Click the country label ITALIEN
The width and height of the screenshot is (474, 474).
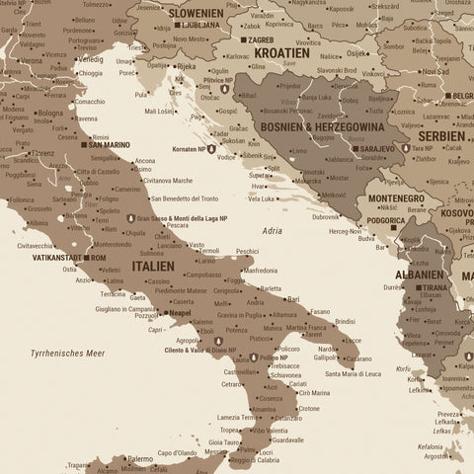coord(146,266)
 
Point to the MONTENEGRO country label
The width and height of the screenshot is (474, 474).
coord(396,197)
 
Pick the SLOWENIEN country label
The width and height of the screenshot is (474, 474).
coord(196,13)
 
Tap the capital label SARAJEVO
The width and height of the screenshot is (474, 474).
coord(376,148)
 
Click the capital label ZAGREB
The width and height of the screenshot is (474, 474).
coord(261,39)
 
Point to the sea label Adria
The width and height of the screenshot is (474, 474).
coord(273,230)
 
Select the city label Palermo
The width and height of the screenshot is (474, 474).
coord(140,458)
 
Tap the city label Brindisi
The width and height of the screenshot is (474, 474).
coord(345,321)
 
